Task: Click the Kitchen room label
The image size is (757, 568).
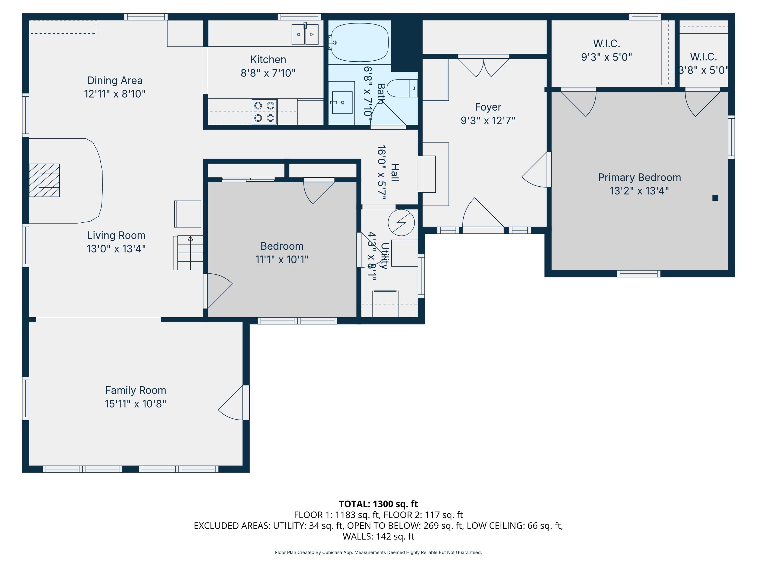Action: [268, 60]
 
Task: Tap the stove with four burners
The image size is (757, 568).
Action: [264, 112]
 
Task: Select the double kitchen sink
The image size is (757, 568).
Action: [305, 34]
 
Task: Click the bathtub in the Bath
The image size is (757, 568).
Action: [359, 42]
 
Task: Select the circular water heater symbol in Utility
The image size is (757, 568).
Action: [401, 223]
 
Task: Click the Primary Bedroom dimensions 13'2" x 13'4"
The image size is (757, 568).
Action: [639, 191]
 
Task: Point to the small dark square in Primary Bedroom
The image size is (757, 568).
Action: [715, 198]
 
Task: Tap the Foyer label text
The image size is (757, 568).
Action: [488, 107]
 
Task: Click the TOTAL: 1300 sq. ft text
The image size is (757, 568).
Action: [378, 504]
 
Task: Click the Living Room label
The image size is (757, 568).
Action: [116, 235]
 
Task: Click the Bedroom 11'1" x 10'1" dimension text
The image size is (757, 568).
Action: [281, 260]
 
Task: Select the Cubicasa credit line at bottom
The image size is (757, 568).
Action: [378, 552]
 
